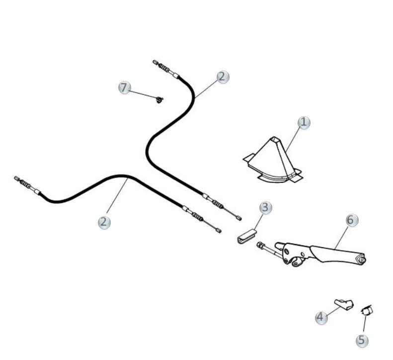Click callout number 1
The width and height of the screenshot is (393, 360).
(x=304, y=122)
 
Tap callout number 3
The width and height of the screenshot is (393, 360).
(x=266, y=207)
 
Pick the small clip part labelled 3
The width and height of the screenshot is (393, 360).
(x=246, y=236)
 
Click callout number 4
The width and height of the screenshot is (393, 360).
(x=322, y=317)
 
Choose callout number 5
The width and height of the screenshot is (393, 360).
(x=363, y=340)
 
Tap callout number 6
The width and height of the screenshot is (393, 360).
(x=352, y=220)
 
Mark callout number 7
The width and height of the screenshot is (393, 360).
(x=125, y=88)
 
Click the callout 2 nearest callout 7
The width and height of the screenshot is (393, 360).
(x=223, y=77)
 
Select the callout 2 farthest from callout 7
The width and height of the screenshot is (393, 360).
(x=104, y=222)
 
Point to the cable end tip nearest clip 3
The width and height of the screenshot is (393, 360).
(x=239, y=218)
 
